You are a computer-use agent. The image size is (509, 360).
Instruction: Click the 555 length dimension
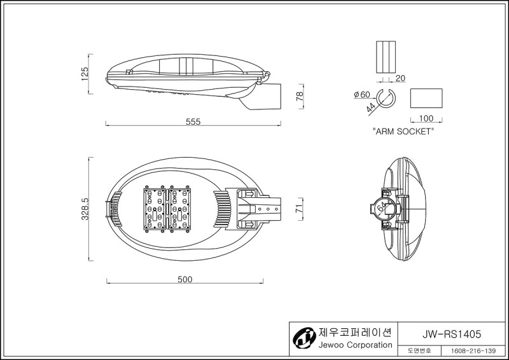193,121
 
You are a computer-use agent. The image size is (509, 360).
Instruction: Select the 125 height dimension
85,74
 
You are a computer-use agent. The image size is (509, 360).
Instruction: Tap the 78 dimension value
300,96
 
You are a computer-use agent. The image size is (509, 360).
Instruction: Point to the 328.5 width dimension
85,209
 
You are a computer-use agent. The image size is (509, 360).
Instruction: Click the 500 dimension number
185,279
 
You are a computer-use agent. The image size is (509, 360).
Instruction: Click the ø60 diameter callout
362,95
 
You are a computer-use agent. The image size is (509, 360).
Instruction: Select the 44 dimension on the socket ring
371,107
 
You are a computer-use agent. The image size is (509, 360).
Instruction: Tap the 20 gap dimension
401,78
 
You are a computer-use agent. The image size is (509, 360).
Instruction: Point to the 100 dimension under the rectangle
426,118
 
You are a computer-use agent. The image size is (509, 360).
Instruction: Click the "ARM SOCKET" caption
403,132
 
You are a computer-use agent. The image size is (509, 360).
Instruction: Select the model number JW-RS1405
452,334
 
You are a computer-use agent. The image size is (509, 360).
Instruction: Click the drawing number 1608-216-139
473,351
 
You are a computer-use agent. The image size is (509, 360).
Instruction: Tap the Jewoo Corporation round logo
304,338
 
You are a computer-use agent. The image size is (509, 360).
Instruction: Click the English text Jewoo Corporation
355,345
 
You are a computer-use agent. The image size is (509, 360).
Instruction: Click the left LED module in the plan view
155,209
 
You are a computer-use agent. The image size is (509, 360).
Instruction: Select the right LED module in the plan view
179,209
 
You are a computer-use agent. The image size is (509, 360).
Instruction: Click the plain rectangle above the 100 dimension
426,98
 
